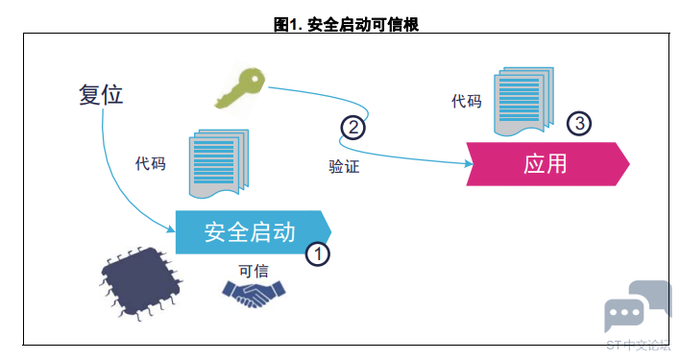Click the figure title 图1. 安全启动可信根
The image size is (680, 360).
click(346, 24)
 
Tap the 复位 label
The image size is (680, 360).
click(101, 94)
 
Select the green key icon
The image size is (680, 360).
click(240, 88)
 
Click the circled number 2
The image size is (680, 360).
click(353, 128)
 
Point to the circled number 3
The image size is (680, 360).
click(579, 124)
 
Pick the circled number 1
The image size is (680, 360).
click(318, 253)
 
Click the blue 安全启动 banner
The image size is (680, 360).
click(254, 232)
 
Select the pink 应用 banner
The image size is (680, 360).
click(547, 164)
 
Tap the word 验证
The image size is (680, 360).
click(345, 166)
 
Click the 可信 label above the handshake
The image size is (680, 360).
click(254, 271)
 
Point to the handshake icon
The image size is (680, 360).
click(254, 294)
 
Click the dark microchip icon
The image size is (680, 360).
click(141, 283)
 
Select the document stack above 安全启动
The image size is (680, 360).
click(219, 163)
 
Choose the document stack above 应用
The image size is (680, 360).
click(523, 102)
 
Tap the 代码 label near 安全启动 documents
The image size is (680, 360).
click(151, 164)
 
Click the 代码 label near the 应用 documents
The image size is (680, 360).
click(467, 102)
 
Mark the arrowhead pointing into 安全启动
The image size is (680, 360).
click(170, 228)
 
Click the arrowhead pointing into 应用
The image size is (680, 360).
click(469, 164)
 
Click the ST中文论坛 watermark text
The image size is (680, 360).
click(639, 346)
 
